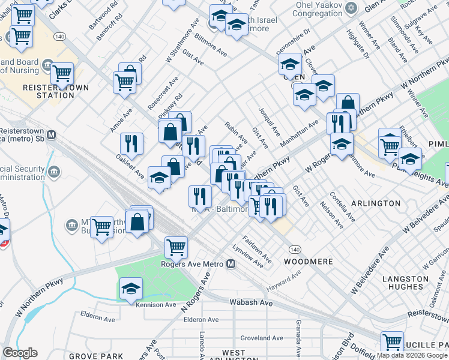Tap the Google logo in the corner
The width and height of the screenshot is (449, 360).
tap(20, 353)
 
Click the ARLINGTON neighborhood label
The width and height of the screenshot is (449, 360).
tap(376, 203)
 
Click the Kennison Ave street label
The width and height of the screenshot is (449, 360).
tap(155, 305)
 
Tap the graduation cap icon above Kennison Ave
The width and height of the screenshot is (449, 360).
tap(131, 289)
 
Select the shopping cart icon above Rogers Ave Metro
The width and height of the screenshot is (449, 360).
tap(176, 246)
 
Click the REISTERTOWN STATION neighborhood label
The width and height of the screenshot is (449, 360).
tap(55, 91)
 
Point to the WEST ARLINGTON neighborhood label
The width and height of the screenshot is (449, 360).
tap(234, 356)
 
